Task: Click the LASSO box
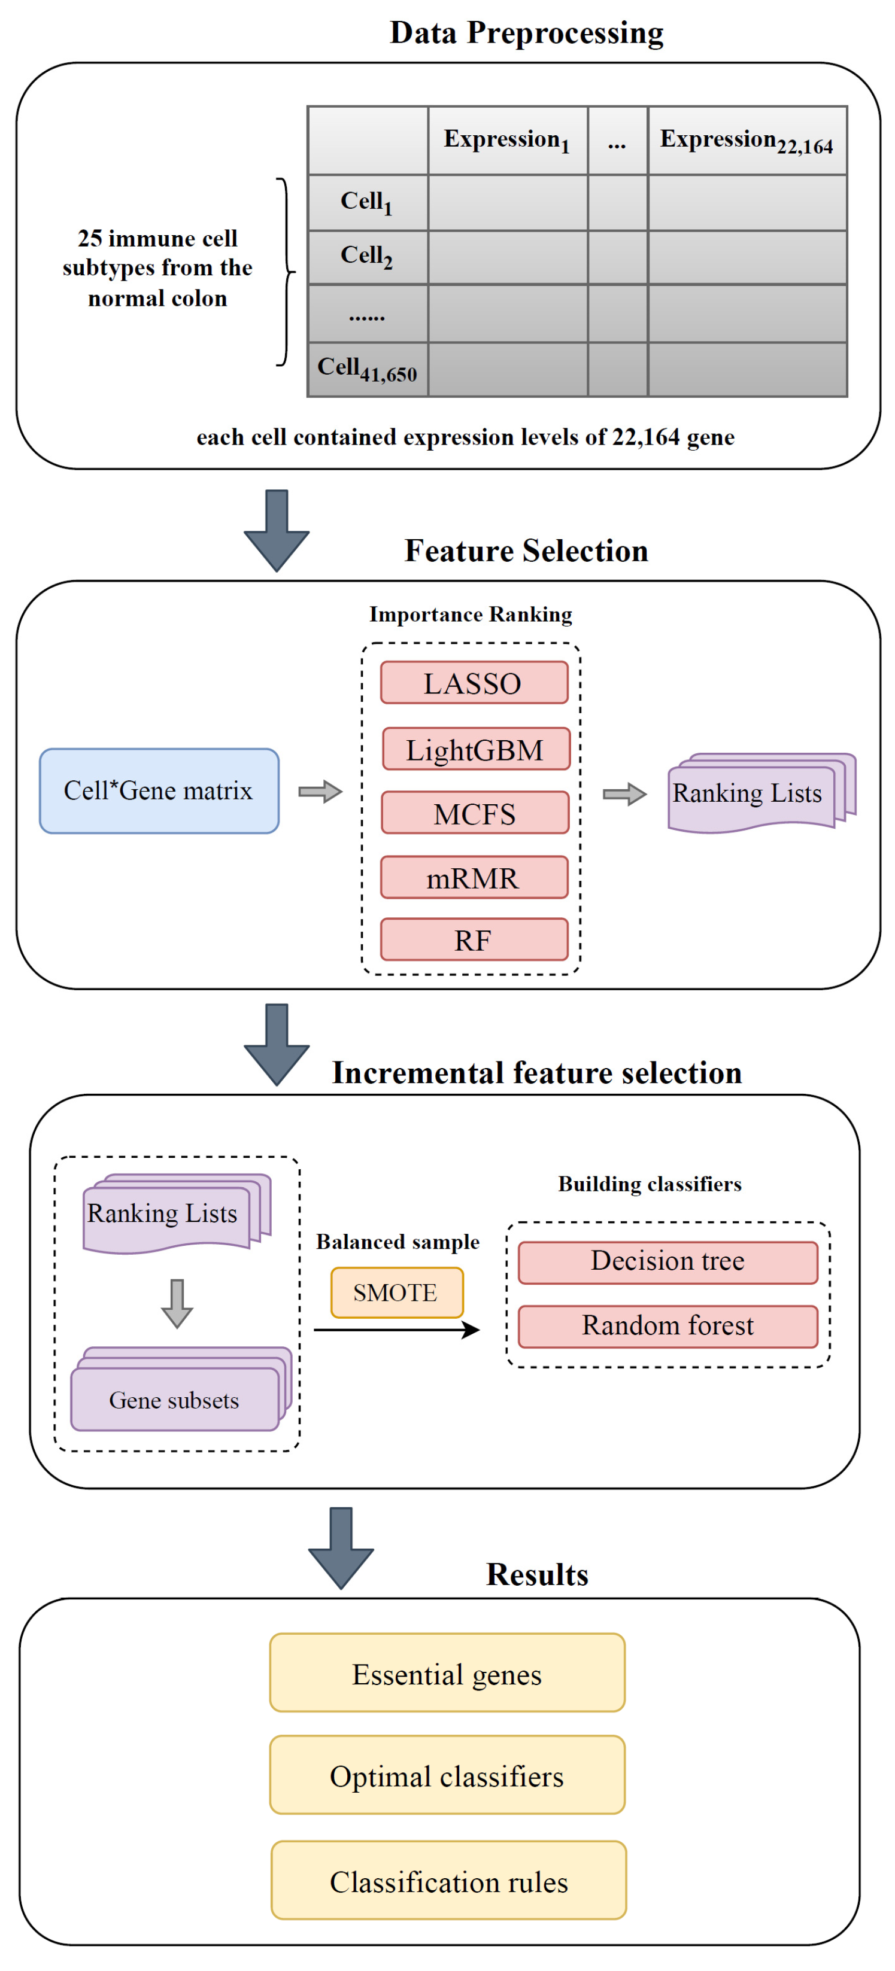[x=474, y=683]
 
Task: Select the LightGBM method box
[x=475, y=749]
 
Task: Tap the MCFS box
[x=475, y=813]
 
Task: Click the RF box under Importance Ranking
[x=474, y=939]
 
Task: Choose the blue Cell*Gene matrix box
[x=159, y=790]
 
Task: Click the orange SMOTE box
[x=396, y=1292]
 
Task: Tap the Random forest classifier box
[x=668, y=1326]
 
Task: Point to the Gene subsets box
[x=175, y=1400]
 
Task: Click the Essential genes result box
[x=447, y=1674]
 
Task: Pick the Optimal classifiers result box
[x=447, y=1775]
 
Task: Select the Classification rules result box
[x=448, y=1881]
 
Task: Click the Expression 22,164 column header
[x=747, y=141]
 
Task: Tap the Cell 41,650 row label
[x=368, y=370]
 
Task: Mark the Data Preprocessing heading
[x=526, y=33]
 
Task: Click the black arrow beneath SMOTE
[x=396, y=1330]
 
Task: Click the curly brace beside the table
[x=286, y=272]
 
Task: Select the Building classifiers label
[x=649, y=1184]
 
